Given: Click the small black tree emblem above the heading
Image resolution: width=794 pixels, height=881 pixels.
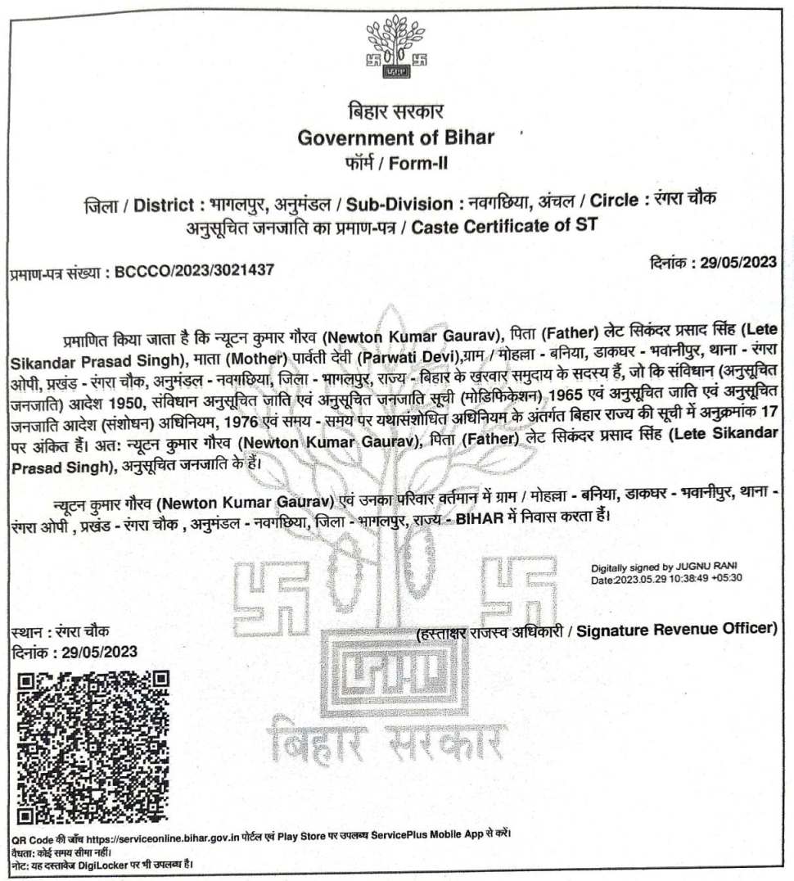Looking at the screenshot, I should coord(396,51).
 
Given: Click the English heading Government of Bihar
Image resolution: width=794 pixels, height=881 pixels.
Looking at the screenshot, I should coord(396,137).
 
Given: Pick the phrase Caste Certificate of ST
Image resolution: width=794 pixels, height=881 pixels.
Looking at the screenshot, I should coord(504,226).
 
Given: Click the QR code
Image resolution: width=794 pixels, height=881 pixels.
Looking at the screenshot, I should coord(93,747).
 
